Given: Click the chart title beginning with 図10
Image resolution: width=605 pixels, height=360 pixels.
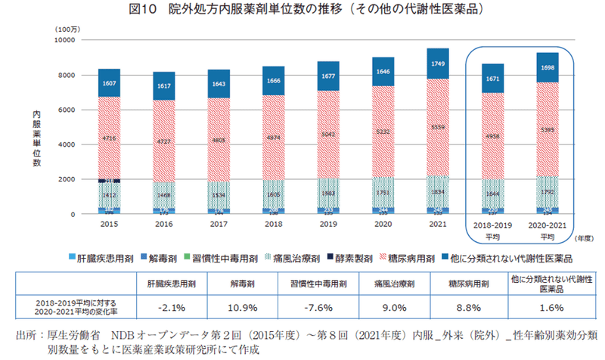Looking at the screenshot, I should (302, 11).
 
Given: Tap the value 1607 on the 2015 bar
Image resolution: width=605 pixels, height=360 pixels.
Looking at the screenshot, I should (110, 82).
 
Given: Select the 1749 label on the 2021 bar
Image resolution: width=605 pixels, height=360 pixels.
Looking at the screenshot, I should (438, 64).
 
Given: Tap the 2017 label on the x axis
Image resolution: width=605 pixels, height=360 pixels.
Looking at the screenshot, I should (219, 225).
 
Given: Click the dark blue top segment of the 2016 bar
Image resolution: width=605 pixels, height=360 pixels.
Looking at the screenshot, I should (164, 86).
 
